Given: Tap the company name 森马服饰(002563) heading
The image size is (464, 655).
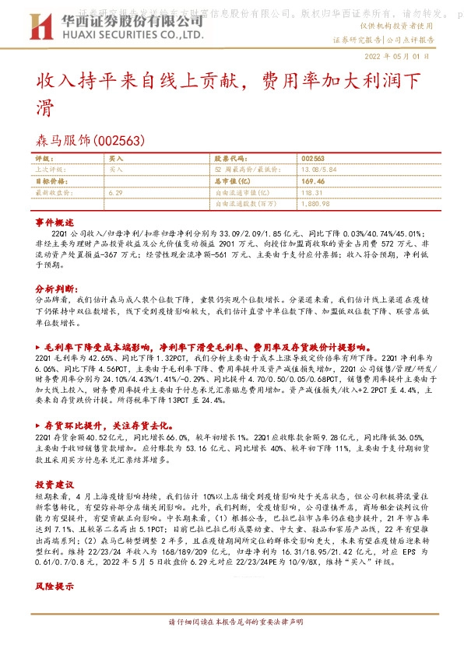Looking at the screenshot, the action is coord(91,140).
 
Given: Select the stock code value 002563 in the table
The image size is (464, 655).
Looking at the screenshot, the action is coord(312,158).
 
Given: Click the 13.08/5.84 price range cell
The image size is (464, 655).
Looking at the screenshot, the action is coord(318,168).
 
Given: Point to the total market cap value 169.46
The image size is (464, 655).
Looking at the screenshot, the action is coord(311,180).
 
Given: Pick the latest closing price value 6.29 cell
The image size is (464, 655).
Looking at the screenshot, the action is coord(116,191).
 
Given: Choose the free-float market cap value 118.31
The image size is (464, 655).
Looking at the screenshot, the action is coord(310,191).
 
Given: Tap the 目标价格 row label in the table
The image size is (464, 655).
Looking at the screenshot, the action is coord(53,180).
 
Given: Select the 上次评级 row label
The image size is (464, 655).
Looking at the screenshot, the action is coord(53,168).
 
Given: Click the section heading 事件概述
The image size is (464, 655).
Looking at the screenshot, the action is coord(54,222).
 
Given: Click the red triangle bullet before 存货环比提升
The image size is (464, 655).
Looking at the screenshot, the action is coord(39,426).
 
